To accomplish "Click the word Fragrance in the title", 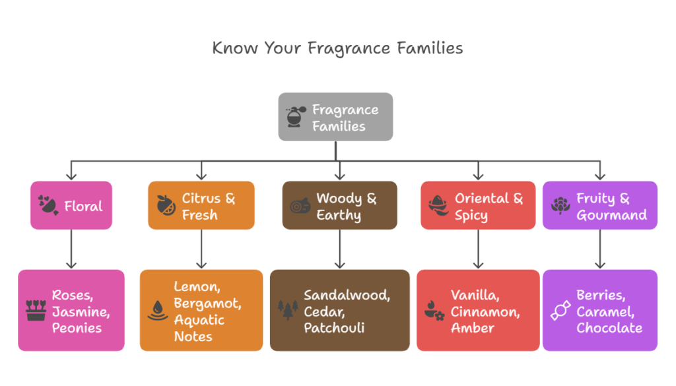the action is [349, 48].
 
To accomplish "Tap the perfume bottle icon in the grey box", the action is [295, 116].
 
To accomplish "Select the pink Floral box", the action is [71, 205].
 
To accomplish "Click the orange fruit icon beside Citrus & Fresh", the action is [166, 205].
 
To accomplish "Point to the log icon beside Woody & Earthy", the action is [300, 206].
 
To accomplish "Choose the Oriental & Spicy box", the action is [478, 205].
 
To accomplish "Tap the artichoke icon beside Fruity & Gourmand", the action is [560, 205].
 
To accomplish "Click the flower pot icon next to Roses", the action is [36, 310].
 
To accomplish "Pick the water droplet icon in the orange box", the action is [158, 310].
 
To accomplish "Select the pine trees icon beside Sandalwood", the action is [288, 309].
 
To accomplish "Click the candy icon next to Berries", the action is [560, 311].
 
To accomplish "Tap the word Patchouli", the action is [334, 328].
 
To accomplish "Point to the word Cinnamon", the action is [485, 311].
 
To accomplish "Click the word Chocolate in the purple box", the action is [609, 328].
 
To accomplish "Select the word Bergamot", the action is [207, 304].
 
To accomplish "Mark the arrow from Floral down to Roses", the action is [71, 249].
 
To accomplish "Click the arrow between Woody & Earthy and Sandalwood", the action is [340, 249].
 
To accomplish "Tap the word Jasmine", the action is [81, 311].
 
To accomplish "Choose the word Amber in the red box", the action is [473, 328].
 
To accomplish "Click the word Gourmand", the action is [612, 215].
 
